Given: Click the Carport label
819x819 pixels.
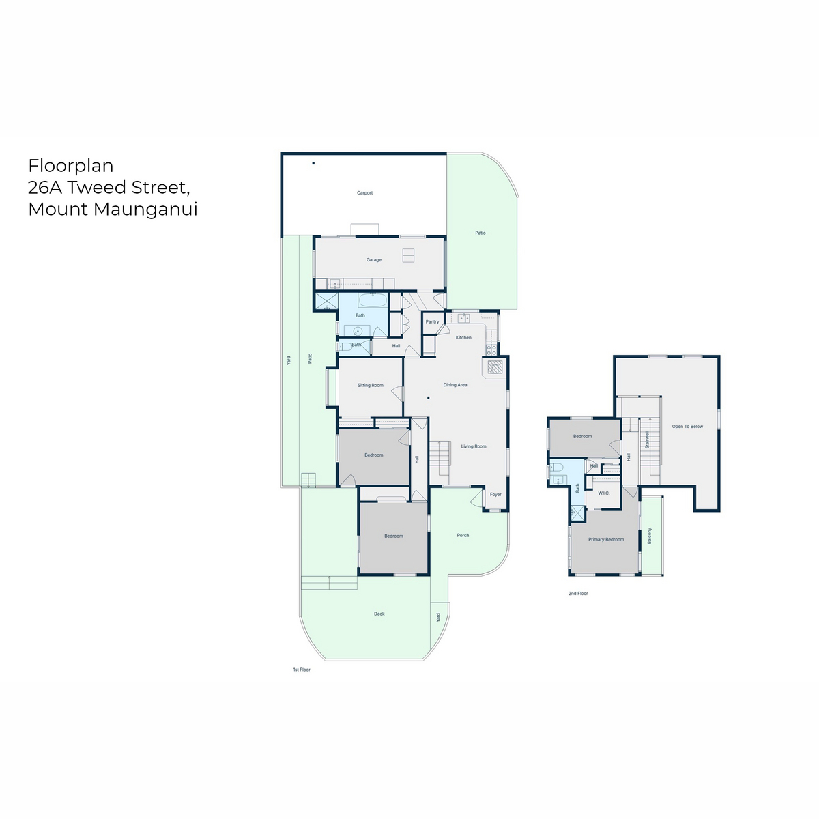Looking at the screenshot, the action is click(364, 193).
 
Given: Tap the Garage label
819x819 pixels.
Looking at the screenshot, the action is click(373, 259).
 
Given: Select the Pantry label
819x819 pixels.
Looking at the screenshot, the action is click(432, 321).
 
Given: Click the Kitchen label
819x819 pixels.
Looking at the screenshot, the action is click(463, 337).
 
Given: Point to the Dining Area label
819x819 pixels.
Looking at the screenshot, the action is click(455, 385).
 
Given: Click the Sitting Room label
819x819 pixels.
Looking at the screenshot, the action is click(370, 385).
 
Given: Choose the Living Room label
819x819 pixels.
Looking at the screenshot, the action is click(474, 446).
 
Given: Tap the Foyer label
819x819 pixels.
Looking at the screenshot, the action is click(495, 494).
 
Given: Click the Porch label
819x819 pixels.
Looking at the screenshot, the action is click(463, 536).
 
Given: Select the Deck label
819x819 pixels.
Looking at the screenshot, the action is click(379, 614).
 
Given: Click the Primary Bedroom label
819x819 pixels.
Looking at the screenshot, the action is click(605, 539).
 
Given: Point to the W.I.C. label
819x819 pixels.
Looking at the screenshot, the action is click(603, 493).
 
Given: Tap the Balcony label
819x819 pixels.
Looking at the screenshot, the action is click(649, 536).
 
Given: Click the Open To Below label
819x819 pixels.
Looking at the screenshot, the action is click(687, 427).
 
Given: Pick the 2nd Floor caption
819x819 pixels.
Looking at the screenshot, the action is click(578, 593).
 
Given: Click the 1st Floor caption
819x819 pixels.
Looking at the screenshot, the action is click(302, 670).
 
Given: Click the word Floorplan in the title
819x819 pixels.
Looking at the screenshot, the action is click(71, 166).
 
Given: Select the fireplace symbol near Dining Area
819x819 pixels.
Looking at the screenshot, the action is click(495, 367).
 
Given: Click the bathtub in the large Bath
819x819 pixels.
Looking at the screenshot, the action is click(373, 300).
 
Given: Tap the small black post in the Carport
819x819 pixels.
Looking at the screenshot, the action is click(313, 163).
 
